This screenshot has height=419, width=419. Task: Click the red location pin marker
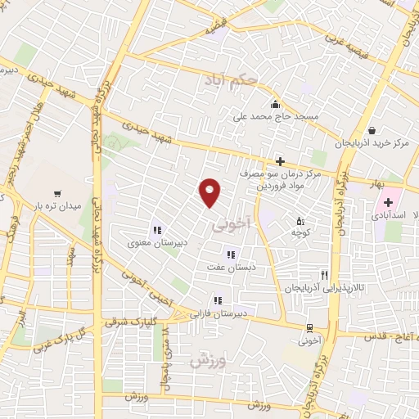tap(211, 191)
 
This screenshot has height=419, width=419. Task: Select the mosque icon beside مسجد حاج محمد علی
tap(275, 104)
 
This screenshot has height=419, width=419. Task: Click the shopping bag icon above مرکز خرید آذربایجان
tap(372, 130)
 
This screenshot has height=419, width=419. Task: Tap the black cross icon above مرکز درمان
tap(280, 161)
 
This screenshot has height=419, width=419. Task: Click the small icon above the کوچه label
tap(300, 221)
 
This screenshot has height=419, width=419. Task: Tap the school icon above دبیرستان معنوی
tap(156, 230)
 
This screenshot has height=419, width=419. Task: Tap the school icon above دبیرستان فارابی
tap(217, 300)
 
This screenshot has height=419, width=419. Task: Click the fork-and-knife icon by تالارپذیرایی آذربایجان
tap(325, 275)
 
